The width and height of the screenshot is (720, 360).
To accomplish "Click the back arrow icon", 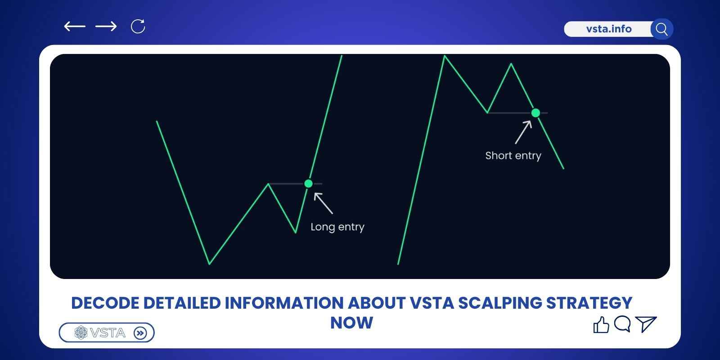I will [x=75, y=27].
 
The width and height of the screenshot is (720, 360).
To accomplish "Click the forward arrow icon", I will [x=106, y=27].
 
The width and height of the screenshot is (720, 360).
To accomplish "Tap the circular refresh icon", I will [x=138, y=26].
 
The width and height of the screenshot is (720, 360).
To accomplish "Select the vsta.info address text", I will [x=608, y=29].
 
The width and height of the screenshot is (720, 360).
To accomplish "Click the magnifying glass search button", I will [x=661, y=29].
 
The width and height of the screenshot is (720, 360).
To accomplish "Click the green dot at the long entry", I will [x=308, y=184].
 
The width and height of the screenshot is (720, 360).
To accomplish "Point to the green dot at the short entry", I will [x=535, y=113].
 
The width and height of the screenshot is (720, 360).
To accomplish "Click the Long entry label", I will [x=337, y=227].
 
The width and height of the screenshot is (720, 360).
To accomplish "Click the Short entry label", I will [x=513, y=156].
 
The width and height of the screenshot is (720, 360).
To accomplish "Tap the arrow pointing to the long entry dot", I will [x=323, y=203].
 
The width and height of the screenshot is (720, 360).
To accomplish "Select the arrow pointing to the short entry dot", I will [x=523, y=132].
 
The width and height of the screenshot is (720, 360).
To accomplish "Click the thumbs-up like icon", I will [x=601, y=324].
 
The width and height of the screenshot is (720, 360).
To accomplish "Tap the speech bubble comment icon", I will [x=622, y=324].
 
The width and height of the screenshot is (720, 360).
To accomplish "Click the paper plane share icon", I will [x=646, y=324].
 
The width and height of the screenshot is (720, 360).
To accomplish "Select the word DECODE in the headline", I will [x=105, y=303].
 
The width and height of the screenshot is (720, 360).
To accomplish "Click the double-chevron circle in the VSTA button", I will [x=140, y=333].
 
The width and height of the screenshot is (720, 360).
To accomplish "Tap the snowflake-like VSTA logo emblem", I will [x=81, y=333].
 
